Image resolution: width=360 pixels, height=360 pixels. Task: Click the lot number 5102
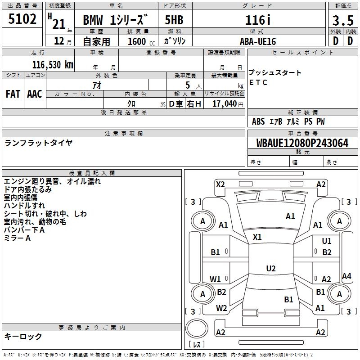coord(22,19)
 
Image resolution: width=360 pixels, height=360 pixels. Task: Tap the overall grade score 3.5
coord(342,20)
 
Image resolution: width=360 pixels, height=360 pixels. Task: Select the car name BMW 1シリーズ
coord(115,20)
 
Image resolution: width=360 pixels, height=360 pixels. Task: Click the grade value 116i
coord(257,20)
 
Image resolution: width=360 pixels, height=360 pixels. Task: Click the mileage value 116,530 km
coord(53,64)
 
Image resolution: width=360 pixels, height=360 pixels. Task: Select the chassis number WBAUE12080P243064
coord(302,143)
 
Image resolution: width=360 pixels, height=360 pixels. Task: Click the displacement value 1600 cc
coord(137,41)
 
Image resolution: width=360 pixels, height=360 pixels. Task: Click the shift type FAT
coord(13,94)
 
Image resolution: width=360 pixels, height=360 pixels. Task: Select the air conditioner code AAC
coord(35,94)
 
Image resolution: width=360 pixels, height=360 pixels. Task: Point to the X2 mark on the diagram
coord(220,184)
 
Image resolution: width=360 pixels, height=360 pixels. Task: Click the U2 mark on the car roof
coord(270,269)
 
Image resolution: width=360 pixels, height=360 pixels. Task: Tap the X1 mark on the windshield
coord(257,237)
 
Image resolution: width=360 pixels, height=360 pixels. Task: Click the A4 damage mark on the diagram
coord(346,276)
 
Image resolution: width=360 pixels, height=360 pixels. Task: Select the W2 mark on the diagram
coord(221,308)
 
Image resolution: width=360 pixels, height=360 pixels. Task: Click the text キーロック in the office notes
coord(23,336)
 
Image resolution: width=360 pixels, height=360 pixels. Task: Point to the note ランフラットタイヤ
coord(38,143)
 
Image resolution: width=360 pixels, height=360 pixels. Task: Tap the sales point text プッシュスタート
coord(275,73)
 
